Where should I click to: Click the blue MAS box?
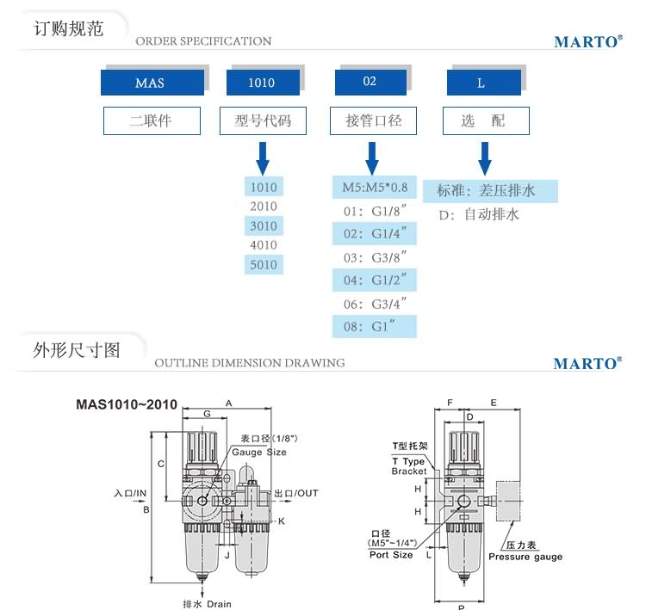(152, 83)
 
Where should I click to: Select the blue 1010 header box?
(262, 83)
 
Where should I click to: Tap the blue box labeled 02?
(370, 82)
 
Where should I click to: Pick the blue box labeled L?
(483, 83)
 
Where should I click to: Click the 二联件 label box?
(152, 120)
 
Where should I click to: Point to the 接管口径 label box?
(373, 120)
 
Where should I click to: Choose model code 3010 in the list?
(264, 226)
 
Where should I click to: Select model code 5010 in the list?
(264, 265)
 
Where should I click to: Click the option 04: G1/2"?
(374, 280)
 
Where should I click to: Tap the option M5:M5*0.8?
(375, 187)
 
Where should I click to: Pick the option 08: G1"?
(374, 326)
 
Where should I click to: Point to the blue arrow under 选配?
(485, 157)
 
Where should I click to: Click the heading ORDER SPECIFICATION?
(203, 41)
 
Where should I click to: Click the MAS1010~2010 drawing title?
(127, 404)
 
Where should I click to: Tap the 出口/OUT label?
(296, 493)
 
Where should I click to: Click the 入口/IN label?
(131, 493)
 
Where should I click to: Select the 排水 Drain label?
(208, 603)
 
